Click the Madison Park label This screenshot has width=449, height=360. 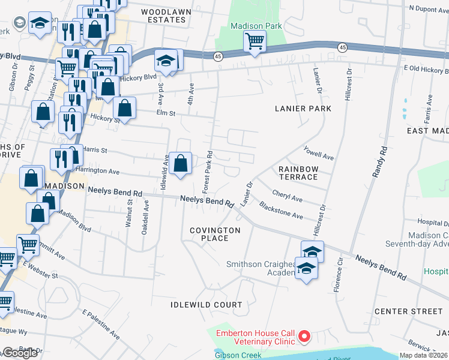[256, 26]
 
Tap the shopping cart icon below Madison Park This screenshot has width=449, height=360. [255, 43]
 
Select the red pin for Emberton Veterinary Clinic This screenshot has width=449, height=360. [304, 337]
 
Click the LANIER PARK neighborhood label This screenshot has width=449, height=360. [303, 109]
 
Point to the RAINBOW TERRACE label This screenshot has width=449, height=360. [298, 173]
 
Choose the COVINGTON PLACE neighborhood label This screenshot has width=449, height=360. [215, 234]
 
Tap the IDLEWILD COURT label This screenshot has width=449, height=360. [206, 305]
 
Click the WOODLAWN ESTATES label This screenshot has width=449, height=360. [163, 16]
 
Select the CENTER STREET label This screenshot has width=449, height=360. [408, 311]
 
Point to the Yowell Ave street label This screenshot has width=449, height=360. [318, 154]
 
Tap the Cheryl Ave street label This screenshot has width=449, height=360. [287, 196]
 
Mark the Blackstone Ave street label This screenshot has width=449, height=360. [281, 210]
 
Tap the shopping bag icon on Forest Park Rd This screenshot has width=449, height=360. [180, 163]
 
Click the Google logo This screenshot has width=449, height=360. [20, 353]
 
